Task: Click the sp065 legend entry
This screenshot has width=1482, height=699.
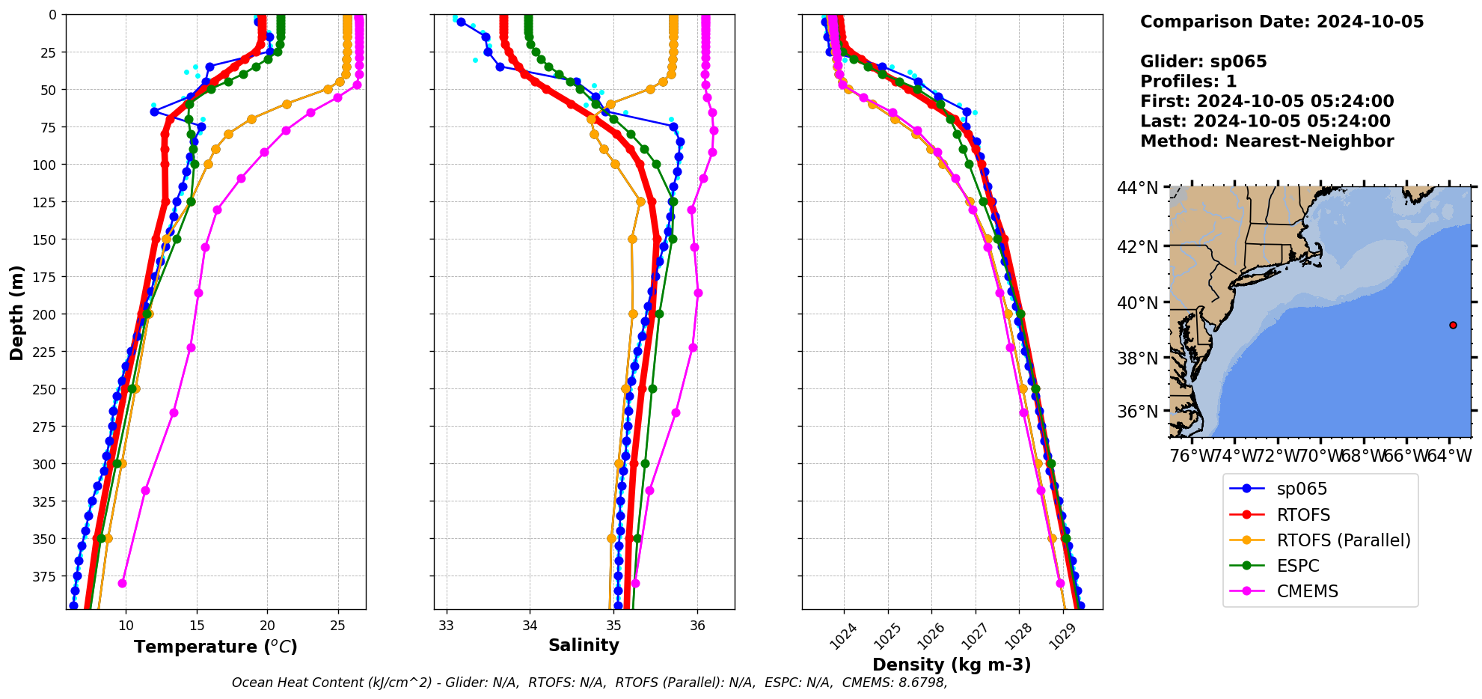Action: click(1301, 489)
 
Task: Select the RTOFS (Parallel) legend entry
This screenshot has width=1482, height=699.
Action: click(1343, 540)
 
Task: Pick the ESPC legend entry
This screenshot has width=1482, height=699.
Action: click(1297, 566)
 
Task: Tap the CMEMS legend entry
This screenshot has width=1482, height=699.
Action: click(1307, 591)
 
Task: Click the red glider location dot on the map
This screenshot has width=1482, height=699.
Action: click(1453, 325)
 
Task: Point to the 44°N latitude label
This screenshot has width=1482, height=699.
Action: click(1137, 188)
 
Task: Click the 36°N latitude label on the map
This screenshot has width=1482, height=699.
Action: click(1137, 412)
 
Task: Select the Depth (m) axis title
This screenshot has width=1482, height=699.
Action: click(16, 313)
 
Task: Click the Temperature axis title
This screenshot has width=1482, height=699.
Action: click(215, 647)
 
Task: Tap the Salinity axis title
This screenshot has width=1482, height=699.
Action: click(584, 645)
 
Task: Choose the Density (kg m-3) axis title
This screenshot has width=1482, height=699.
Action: click(952, 665)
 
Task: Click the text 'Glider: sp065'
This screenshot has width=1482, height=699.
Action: click(1203, 61)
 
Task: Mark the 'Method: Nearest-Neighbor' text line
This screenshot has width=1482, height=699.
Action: click(1267, 141)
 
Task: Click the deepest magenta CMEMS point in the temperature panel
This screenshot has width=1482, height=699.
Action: click(122, 583)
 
